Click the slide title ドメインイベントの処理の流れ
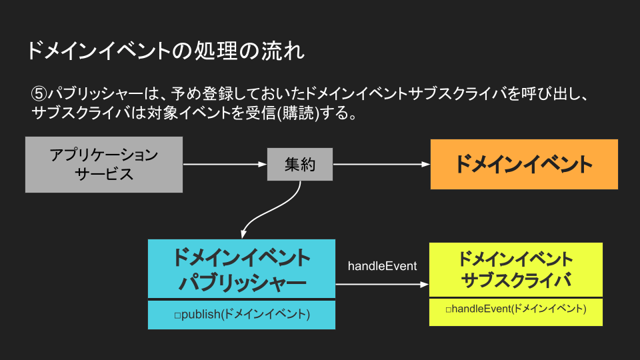165,51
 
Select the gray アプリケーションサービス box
104,165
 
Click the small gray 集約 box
300,165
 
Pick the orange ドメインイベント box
524,165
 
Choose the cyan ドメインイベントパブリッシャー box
241,268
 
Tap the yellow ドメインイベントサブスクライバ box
515,269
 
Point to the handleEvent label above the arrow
382,266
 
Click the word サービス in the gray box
104,175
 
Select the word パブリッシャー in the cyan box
242,282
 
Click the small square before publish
177,315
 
